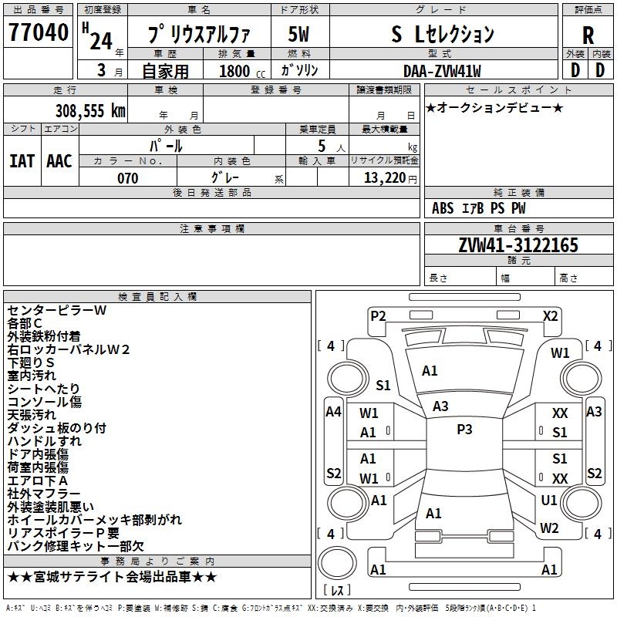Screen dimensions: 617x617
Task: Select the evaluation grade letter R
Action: click(x=588, y=35)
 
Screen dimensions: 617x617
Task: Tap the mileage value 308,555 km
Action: click(x=89, y=111)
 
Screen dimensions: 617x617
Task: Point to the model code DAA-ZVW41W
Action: click(x=442, y=71)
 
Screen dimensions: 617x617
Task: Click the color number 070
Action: click(x=127, y=178)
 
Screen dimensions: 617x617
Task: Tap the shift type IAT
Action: click(x=22, y=160)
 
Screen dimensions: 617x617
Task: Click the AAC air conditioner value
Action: click(x=59, y=160)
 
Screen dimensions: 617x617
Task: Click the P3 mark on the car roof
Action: click(x=464, y=430)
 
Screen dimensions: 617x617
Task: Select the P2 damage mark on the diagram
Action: click(x=378, y=315)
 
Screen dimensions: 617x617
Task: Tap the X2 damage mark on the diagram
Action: click(x=550, y=315)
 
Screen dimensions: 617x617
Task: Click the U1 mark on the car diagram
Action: click(x=549, y=500)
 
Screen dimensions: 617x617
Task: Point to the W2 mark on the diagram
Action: click(x=549, y=528)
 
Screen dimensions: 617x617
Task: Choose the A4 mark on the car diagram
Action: click(x=333, y=412)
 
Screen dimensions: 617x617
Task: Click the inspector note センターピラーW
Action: click(x=57, y=310)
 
